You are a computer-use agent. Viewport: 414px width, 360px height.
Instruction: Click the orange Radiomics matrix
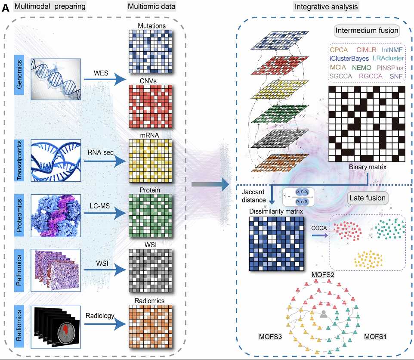150,326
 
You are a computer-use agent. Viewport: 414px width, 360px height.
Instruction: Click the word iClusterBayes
349,59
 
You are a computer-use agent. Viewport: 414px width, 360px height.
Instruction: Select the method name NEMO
362,68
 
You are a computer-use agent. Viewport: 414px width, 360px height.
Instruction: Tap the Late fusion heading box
368,198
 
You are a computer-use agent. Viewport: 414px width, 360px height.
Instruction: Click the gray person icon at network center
323,317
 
